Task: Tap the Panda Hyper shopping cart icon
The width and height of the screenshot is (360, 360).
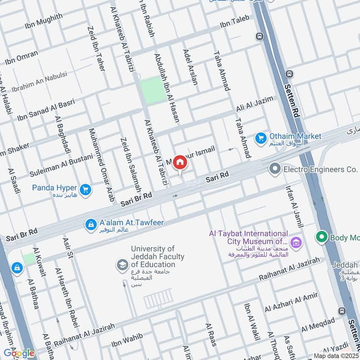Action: [85, 190]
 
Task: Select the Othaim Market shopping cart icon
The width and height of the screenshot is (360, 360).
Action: [261, 139]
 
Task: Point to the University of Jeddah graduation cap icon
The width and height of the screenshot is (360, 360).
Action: [121, 265]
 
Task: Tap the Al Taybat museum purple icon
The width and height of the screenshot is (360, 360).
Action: [296, 243]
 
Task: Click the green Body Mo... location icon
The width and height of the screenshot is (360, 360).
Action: [321, 236]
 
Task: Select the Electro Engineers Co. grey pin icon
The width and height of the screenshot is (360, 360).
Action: [274, 170]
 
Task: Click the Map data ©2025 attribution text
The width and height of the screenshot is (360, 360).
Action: [336, 355]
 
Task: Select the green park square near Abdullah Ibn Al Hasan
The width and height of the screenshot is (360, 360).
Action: [153, 90]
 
